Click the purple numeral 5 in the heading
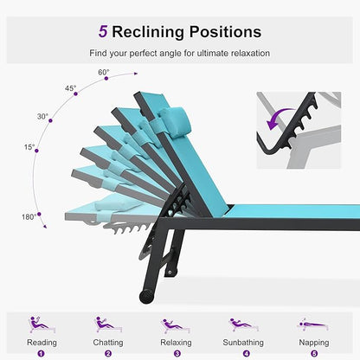(103, 32)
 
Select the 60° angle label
(104, 72)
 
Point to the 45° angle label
(70, 88)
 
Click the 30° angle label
(42, 116)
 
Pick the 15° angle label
(29, 147)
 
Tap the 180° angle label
(29, 216)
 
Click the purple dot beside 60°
(106, 79)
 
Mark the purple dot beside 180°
(39, 214)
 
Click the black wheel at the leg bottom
(146, 297)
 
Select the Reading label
(42, 343)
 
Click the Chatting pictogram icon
(108, 325)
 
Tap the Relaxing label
(176, 343)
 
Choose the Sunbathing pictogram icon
(243, 325)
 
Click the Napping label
(314, 343)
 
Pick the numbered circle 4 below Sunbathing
(246, 353)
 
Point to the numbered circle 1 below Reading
(41, 353)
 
